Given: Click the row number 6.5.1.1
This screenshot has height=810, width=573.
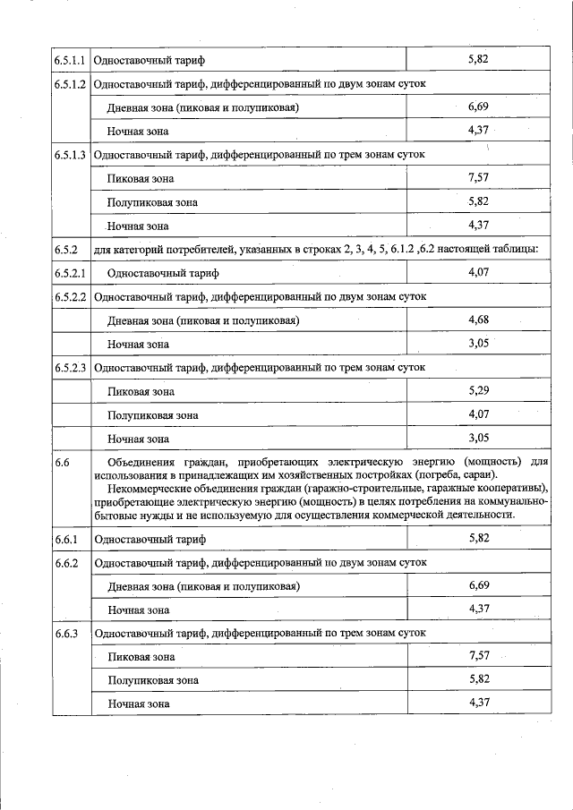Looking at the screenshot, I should [x=69, y=61].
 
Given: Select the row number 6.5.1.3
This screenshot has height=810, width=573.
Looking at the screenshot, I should [x=69, y=155].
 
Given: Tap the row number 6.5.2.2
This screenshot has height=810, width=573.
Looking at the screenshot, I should [x=69, y=296].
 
